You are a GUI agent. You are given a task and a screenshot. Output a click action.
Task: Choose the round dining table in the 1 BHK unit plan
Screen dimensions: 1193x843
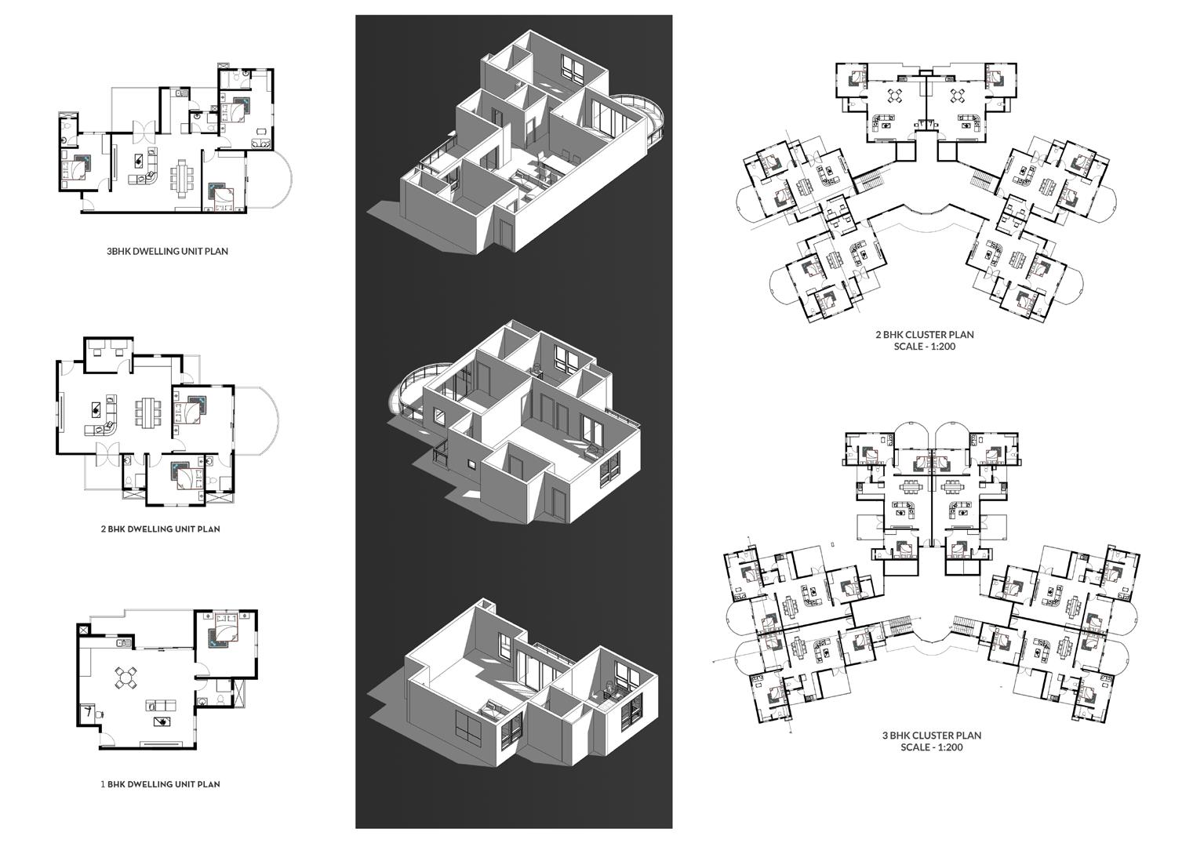pyautogui.click(x=126, y=678)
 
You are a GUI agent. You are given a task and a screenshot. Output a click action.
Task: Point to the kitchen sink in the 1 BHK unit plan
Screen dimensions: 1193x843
pyautogui.click(x=123, y=643)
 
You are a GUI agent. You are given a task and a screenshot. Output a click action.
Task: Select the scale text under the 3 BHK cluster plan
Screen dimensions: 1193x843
pyautogui.click(x=931, y=747)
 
